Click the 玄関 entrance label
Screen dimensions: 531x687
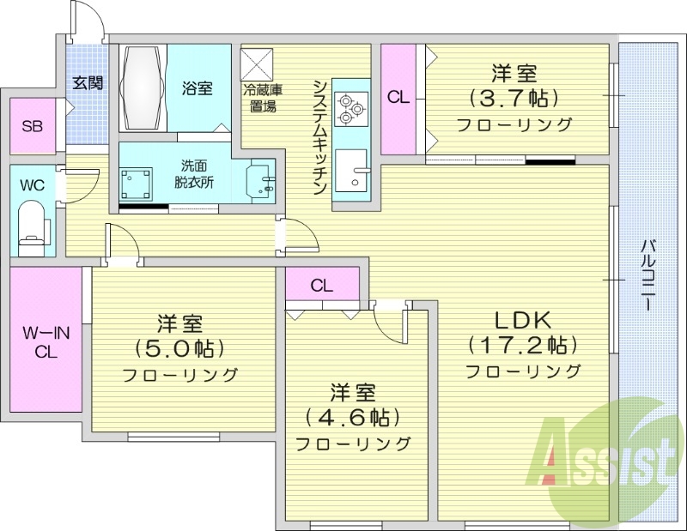click(x=88, y=83)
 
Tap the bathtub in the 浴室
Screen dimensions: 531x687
click(x=142, y=88)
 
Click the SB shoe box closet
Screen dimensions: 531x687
click(x=32, y=126)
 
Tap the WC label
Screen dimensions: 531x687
click(x=32, y=185)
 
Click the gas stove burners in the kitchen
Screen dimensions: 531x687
click(x=350, y=106)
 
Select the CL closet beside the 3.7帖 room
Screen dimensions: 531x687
click(x=398, y=97)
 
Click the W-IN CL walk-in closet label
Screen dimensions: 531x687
click(x=46, y=340)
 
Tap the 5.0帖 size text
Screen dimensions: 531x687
click(x=179, y=348)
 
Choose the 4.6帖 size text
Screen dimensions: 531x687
click(x=353, y=418)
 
